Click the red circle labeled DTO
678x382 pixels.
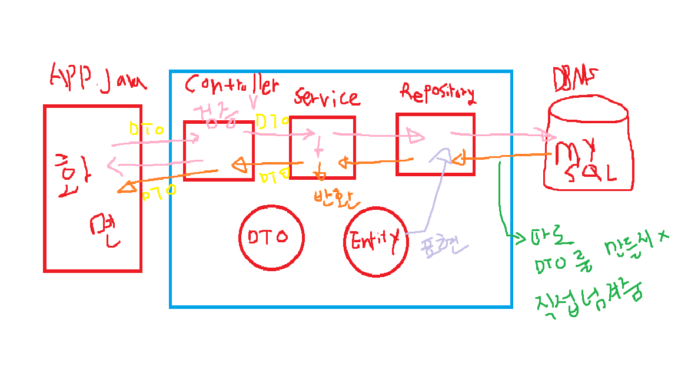pyautogui.click(x=272, y=237)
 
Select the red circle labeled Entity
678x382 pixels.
pyautogui.click(x=376, y=241)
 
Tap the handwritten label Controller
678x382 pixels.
pyautogui.click(x=231, y=85)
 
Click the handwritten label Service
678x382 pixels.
pyautogui.click(x=327, y=97)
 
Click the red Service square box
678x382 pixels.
pyautogui.click(x=323, y=147)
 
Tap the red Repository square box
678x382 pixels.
pyautogui.click(x=436, y=144)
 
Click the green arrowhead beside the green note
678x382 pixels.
pyautogui.click(x=521, y=238)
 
